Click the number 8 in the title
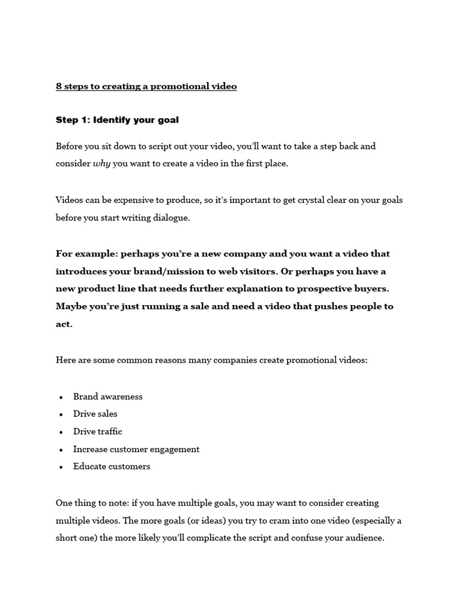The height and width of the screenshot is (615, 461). pos(59,86)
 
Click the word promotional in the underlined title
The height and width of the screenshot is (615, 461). pos(178,86)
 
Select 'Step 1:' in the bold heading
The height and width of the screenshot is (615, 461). pos(73,120)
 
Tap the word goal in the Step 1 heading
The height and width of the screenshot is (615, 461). pos(167,120)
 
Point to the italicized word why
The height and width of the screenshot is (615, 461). pos(101,164)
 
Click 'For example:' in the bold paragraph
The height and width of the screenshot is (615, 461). pos(86,253)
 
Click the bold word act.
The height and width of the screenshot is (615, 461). pos(64,324)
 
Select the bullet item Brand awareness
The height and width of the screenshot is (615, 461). pos(107,396)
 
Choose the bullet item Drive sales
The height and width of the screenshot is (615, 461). pos(95,414)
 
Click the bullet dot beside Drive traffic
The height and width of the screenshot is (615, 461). pos(61,432)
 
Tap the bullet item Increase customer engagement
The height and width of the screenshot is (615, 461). pos(136,449)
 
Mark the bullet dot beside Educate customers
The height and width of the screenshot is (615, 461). pos(61,467)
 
